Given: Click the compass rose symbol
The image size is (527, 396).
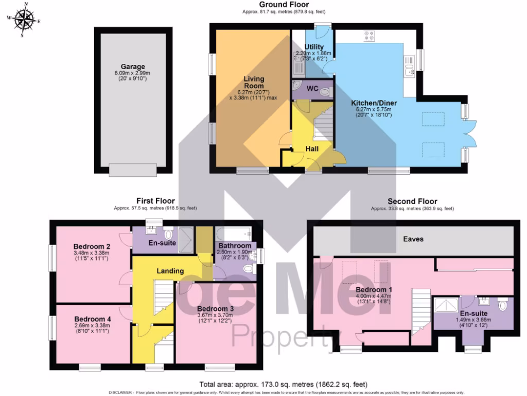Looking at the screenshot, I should (23, 20).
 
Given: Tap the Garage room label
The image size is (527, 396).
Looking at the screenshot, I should (133, 67).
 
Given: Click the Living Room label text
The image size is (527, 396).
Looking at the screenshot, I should (254, 82).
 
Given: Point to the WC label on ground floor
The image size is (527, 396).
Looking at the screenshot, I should (312, 89).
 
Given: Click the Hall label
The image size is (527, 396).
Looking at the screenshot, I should (312, 148).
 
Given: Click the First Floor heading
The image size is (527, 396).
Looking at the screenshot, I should (155, 201).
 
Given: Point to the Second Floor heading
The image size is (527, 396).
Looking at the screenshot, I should (412, 202).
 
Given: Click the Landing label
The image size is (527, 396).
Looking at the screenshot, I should (170, 271).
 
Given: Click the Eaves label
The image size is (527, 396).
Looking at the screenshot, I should (413, 239).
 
